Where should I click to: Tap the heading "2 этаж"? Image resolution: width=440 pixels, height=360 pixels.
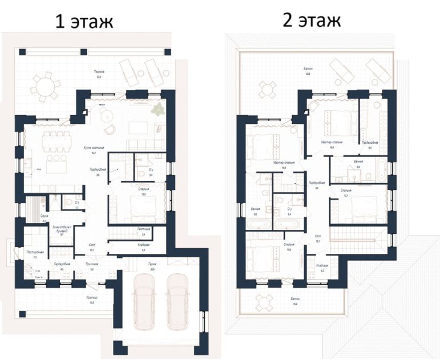(311, 21)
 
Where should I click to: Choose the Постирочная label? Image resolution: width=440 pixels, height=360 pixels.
(31, 252)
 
